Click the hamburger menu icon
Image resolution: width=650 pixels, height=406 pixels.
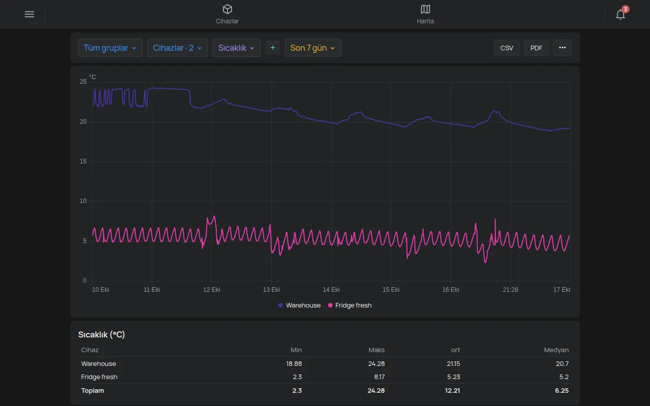point(29,14)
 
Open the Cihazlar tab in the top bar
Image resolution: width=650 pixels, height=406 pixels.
point(227,14)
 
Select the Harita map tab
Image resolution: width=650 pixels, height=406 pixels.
point(425,14)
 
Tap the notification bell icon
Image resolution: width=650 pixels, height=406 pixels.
point(621,14)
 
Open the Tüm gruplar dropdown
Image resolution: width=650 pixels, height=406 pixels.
point(110,48)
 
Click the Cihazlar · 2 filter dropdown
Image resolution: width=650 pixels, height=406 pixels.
point(178,48)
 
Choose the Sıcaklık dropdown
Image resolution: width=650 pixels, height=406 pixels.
point(237,48)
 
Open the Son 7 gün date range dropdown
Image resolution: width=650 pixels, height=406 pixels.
point(313,48)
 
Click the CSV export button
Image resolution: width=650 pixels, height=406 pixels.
point(507,48)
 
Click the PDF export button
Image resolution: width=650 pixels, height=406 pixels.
point(536,48)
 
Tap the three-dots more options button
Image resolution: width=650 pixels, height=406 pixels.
point(562,48)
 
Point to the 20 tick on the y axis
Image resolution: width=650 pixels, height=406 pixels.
point(83,122)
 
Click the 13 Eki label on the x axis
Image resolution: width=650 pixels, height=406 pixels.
point(271,290)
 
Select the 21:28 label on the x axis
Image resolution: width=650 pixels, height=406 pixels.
point(510,290)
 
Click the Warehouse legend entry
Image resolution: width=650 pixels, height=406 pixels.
point(300,306)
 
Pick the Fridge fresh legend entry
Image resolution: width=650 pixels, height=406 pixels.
point(350,306)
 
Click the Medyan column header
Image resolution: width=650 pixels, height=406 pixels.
point(556,350)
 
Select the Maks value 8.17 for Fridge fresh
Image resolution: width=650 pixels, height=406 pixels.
point(379,377)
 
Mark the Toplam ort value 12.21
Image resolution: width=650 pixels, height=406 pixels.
point(452,391)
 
